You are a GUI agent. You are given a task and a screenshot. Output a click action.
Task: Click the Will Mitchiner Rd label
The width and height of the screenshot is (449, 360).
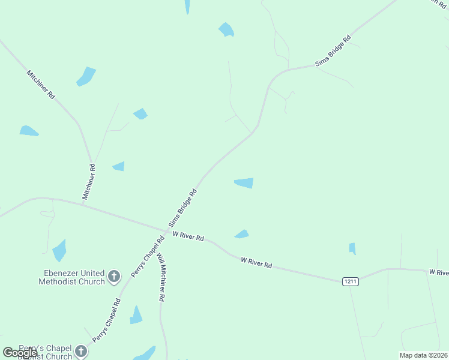click(161, 277)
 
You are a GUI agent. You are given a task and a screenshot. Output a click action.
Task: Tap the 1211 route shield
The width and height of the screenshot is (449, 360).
click(351, 281)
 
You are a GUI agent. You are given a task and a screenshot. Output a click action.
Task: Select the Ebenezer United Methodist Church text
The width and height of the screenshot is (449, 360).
click(71, 277)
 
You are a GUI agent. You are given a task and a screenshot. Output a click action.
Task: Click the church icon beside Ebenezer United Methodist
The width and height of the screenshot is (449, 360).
click(114, 277)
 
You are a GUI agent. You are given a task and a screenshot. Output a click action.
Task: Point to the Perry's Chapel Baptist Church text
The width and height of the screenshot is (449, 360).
click(45, 352)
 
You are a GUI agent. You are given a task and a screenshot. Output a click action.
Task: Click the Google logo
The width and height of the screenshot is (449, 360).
click(20, 352)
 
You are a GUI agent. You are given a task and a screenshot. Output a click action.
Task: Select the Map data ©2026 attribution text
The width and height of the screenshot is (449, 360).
click(423, 355)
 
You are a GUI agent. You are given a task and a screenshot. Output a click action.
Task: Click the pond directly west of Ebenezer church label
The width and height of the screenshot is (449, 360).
click(59, 250)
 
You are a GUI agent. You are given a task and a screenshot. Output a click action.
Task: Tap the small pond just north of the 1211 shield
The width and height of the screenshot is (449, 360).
click(352, 248)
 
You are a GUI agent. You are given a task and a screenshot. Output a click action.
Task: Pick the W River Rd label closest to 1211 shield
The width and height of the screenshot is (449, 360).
click(256, 262)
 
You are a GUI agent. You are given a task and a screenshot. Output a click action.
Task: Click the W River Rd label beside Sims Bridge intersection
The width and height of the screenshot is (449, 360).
click(188, 237)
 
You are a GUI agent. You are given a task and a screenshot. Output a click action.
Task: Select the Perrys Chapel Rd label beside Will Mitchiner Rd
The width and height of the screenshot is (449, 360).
click(148, 259)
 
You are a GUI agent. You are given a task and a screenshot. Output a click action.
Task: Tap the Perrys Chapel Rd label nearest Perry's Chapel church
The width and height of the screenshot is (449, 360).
click(106, 320)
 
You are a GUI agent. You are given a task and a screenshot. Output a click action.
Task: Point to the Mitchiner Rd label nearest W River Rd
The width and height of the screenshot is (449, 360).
click(89, 181)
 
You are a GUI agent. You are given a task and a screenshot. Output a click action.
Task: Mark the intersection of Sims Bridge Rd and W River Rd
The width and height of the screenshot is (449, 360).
click(167, 229)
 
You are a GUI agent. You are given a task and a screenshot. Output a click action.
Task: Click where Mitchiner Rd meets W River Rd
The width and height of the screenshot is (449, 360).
click(83, 205)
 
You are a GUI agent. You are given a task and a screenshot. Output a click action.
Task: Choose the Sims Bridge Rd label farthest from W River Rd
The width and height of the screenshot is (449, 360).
click(334, 53)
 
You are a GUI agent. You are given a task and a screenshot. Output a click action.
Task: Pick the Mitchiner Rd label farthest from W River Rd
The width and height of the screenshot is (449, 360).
click(41, 85)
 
